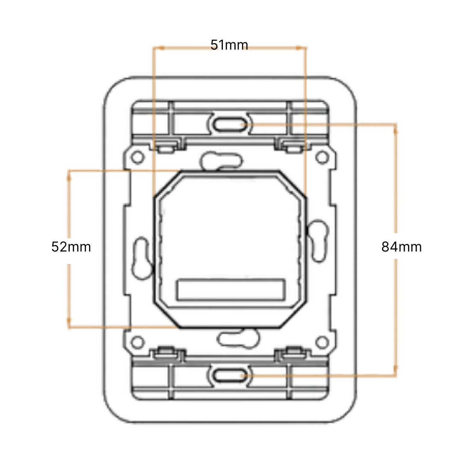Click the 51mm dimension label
coord(229,45)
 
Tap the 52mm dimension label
coord(71,247)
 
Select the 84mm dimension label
coord(401,247)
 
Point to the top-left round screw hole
coord(137,157)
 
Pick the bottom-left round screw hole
coord(137,342)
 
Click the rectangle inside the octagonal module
coord(231,290)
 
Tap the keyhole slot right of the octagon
coord(317,241)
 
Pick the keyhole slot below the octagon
coord(239,338)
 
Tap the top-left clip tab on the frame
coord(166,146)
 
